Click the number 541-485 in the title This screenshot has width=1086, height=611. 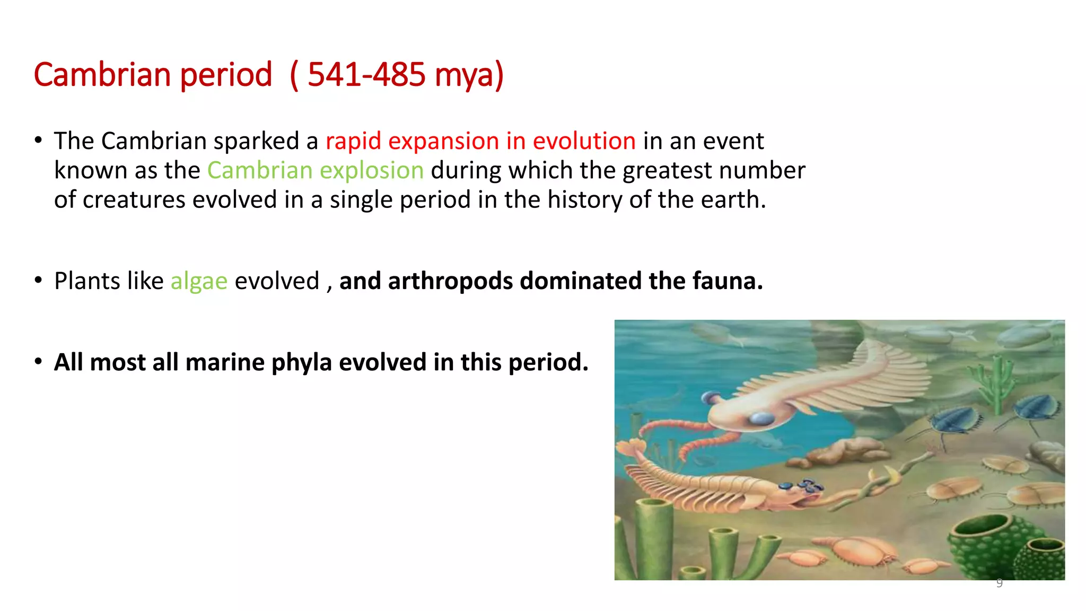click(366, 74)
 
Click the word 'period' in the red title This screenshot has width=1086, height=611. click(226, 75)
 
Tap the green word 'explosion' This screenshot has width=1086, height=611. click(372, 171)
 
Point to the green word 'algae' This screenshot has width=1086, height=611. click(199, 281)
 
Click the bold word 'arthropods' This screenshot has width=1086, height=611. click(450, 281)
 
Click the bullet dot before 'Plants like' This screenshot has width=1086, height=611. click(38, 280)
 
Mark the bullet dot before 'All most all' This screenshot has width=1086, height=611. click(38, 362)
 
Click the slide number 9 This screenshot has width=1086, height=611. click(999, 583)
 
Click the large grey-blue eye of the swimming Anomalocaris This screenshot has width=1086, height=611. click(763, 419)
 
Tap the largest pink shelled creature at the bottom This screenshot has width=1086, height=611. click(859, 549)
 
